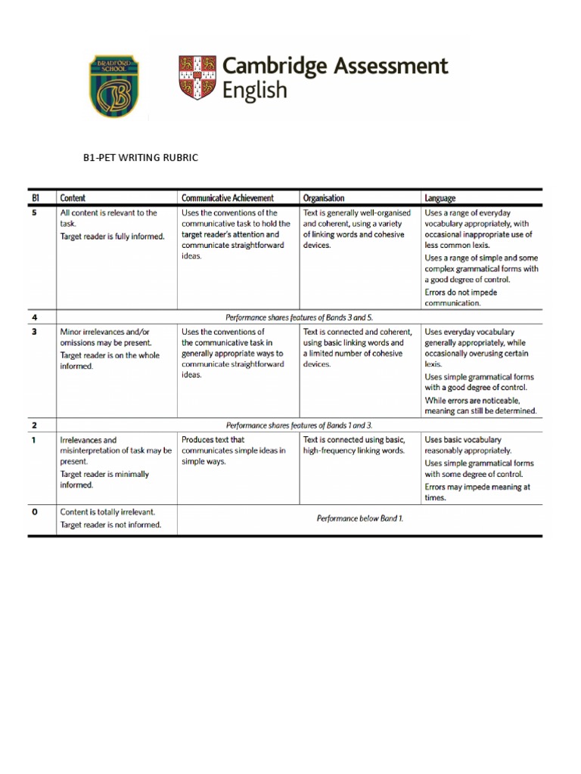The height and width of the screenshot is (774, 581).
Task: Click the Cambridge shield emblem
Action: tap(197, 78)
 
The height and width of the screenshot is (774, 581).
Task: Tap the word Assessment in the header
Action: tap(390, 67)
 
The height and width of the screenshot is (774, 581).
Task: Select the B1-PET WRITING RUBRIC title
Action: tap(140, 158)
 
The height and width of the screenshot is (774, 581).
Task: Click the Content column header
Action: tap(73, 198)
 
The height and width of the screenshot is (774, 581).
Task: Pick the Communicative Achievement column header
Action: tap(228, 198)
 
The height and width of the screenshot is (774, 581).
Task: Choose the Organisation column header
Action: tap(324, 198)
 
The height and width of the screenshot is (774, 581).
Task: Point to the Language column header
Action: tap(440, 198)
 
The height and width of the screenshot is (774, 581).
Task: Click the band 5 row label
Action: tap(33, 213)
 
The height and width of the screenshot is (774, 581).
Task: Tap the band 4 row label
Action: tap(33, 317)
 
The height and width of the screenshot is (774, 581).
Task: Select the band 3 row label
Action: tap(33, 331)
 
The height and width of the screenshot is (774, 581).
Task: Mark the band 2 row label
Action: tap(33, 426)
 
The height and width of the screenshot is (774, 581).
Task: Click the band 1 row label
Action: tap(33, 439)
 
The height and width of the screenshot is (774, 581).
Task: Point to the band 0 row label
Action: tap(33, 512)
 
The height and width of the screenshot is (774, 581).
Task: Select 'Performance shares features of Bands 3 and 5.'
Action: tap(300, 317)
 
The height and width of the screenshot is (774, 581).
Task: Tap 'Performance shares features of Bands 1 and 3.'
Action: tap(300, 426)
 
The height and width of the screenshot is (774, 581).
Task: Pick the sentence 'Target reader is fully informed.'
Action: tap(112, 237)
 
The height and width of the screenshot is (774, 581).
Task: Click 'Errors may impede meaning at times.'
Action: tap(477, 492)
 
